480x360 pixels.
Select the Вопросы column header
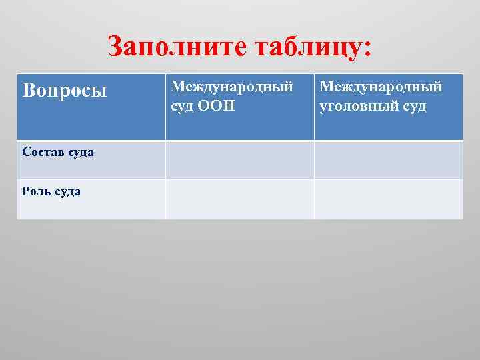64,90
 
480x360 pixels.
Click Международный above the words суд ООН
232,87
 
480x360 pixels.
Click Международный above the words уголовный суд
381,87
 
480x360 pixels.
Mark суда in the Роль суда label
67,191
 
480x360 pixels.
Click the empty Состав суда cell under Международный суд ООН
239,160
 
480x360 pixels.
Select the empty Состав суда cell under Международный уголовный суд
388,160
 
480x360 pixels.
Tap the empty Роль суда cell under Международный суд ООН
239,199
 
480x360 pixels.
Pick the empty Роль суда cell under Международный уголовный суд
388,199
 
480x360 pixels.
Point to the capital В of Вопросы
28,90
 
